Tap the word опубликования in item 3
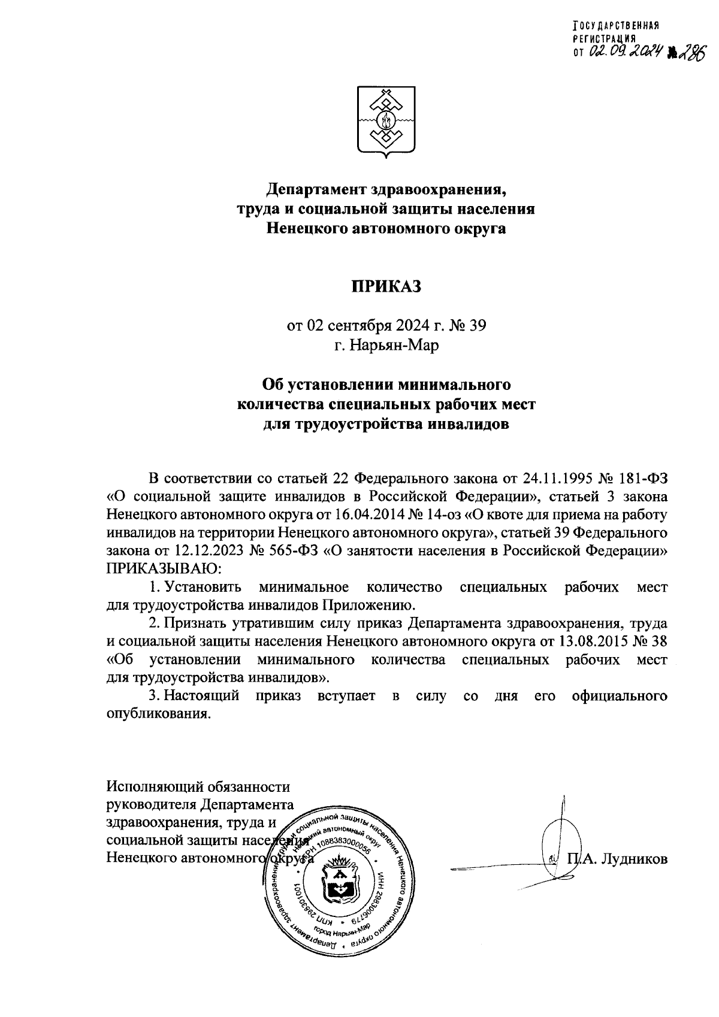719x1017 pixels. pyautogui.click(x=158, y=714)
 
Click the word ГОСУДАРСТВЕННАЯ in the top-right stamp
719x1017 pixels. pyautogui.click(x=616, y=26)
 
